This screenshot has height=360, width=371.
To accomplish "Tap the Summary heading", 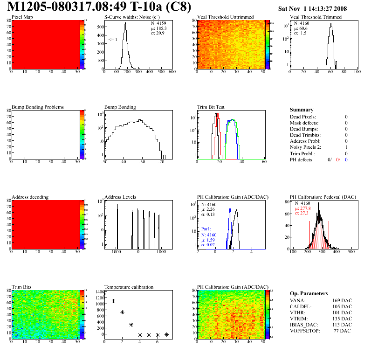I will coord(302,110).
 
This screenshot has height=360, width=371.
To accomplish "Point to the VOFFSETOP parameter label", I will coord(306,331).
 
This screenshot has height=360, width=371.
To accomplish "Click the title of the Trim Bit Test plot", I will coord(211,107).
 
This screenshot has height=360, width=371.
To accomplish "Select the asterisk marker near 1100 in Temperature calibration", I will coord(113,301).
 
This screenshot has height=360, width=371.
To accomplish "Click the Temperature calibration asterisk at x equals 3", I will coord(131,325).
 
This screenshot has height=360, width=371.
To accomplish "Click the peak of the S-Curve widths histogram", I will coord(125,24).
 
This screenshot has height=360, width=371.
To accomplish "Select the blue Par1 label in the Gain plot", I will coord(206,229).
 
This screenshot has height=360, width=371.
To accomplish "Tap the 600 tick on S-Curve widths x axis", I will coord(172,72).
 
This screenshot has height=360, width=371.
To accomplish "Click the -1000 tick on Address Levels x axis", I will coord(117,251).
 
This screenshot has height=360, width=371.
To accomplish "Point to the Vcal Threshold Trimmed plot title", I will coord(316,17).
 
